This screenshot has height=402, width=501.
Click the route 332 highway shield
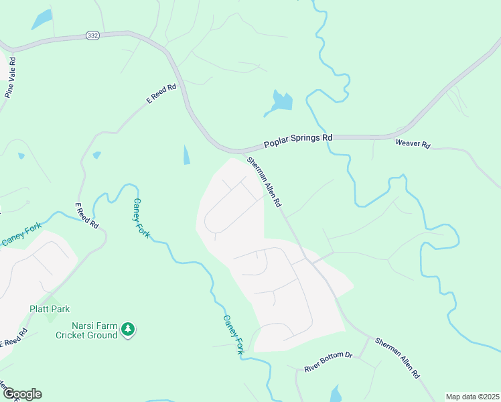click(92, 36)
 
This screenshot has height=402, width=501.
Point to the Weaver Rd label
click(413, 143)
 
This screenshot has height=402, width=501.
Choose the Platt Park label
click(50, 310)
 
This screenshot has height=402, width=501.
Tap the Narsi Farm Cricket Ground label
click(86, 330)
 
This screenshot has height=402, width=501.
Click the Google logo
click(21, 394)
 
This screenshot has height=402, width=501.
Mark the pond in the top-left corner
click(41, 19)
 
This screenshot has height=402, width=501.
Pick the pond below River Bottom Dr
click(336, 394)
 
